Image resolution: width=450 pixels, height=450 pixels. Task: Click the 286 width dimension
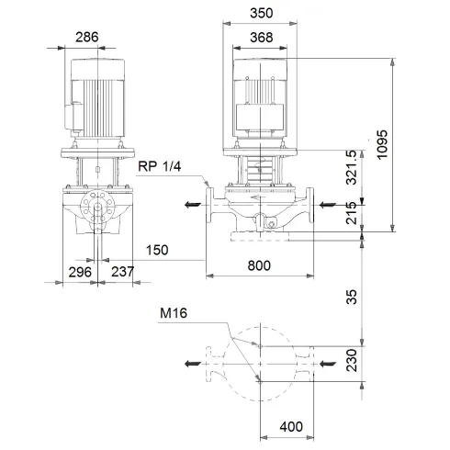pyautogui.click(x=87, y=38)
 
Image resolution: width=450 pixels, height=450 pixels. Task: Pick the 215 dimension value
pyautogui.click(x=376, y=217)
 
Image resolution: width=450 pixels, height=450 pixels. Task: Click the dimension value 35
pyautogui.click(x=376, y=297)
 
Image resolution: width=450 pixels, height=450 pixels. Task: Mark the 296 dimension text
pyautogui.click(x=78, y=273)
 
